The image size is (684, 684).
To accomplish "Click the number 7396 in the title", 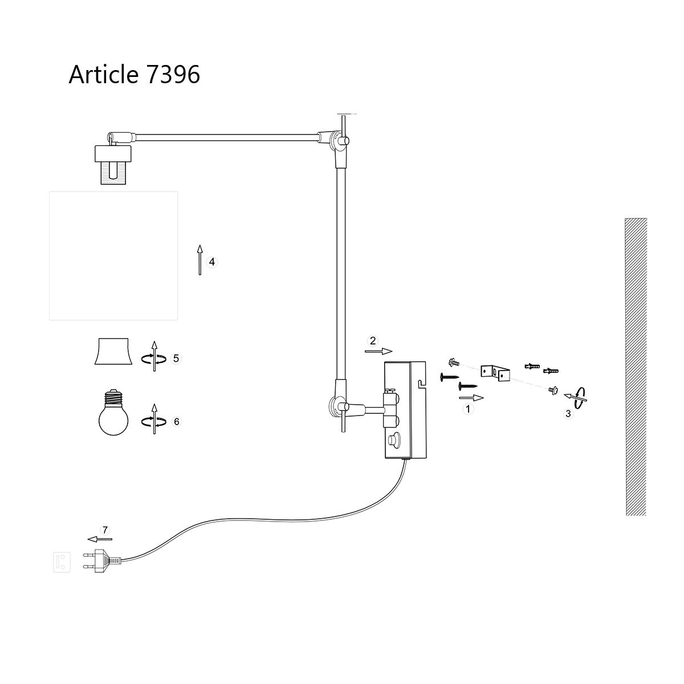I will click(173, 74).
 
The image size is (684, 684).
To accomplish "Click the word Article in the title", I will click(103, 74).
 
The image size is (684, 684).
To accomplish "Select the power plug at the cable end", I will click(103, 559).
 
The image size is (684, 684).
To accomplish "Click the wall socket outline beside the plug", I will click(62, 561).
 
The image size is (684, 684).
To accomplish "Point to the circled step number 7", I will click(104, 529).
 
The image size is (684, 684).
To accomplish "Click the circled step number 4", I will click(212, 262).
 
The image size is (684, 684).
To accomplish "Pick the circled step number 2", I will click(373, 341).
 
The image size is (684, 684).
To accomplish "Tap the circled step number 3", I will click(568, 414).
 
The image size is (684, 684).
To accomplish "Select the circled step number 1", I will click(468, 409).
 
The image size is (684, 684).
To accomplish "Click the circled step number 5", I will click(176, 358).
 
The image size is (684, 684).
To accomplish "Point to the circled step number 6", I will click(176, 421).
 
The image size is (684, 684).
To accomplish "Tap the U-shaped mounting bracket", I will click(494, 374).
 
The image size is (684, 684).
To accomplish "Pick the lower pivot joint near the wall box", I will click(338, 407).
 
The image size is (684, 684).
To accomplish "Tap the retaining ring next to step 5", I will click(113, 352).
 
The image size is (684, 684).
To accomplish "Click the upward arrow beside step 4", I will click(199, 259).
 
